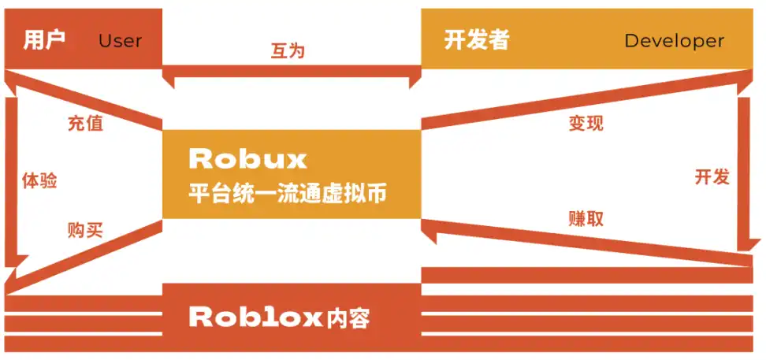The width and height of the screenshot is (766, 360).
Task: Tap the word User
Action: coord(120,41)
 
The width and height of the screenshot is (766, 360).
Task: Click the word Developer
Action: coord(673,41)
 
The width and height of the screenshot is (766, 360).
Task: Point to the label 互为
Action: coord(288,52)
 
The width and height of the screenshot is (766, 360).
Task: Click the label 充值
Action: coord(85,123)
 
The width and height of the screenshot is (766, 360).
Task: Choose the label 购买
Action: coord(86,230)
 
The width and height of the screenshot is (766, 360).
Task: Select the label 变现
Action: coord(586,124)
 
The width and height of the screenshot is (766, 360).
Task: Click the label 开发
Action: coord(712,176)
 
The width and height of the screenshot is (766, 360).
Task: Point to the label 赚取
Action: coord(586,218)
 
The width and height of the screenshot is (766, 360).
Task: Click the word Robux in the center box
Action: coord(247,160)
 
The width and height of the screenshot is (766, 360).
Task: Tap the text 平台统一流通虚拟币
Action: coord(288,194)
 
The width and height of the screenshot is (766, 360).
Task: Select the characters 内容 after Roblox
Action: coord(348,318)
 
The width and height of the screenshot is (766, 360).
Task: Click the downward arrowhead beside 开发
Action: coord(744,239)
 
